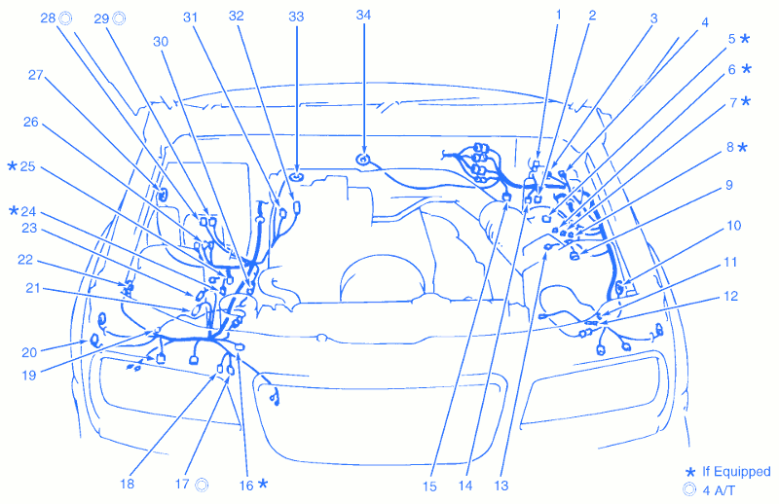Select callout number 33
pos(296,17)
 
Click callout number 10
pos(733,226)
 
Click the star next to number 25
pos(13,166)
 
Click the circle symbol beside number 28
pos(65,18)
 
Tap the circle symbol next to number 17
pos(202,484)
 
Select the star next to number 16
pos(263,484)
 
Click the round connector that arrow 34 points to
pos(363,159)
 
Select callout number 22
pos(25,261)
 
